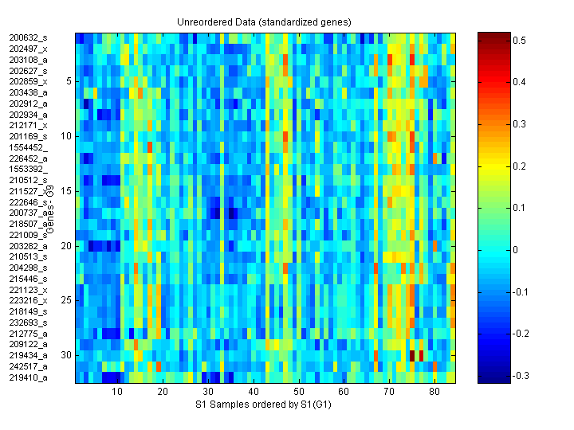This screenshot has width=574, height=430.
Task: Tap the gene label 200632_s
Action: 29,37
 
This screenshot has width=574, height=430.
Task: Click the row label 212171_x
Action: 29,125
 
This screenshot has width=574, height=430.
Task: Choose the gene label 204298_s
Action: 29,268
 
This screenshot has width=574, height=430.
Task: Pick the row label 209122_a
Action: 29,344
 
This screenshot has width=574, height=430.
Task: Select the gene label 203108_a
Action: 29,60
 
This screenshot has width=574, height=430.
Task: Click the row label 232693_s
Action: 29,322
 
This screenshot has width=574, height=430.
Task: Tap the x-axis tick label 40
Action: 254,392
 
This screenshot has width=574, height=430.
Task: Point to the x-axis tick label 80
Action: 434,392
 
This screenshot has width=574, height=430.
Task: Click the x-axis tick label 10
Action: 117,392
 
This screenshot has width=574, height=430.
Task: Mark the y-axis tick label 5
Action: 69,81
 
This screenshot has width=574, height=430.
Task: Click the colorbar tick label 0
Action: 516,249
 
